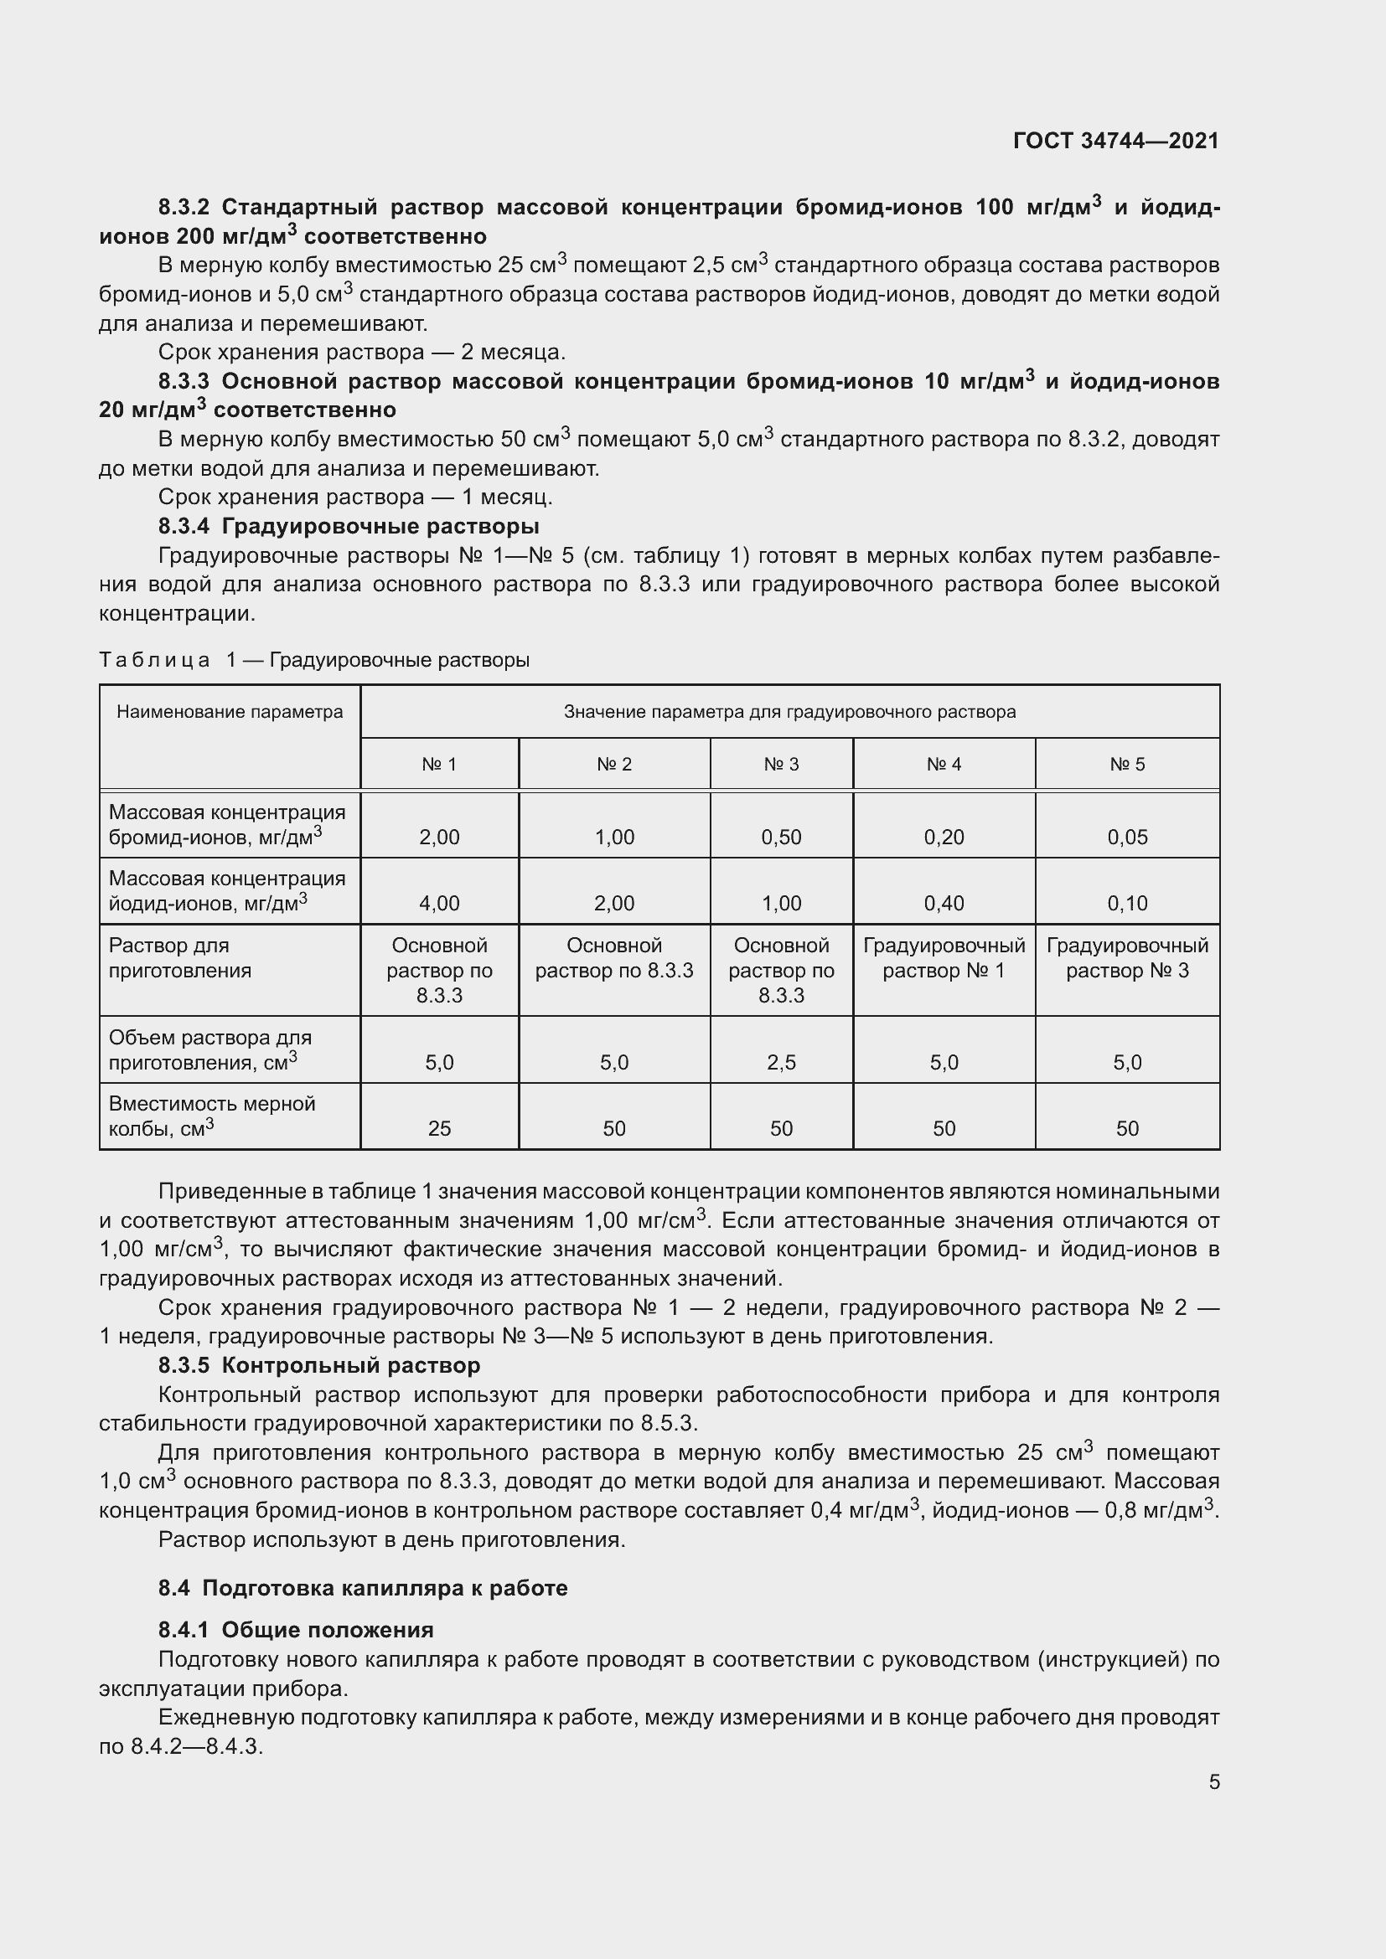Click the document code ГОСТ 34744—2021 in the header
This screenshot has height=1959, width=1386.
tap(1115, 141)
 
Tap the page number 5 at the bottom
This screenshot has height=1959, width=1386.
tap(1213, 1782)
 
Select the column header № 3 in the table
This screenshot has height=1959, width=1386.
tap(781, 765)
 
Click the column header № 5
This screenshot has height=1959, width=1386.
tap(1126, 765)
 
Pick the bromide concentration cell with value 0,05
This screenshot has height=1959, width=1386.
tap(1126, 837)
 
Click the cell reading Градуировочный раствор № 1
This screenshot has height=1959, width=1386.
tap(943, 958)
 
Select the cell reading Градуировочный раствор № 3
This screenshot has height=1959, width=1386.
tap(1126, 958)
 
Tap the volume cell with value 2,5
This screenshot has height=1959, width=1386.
tap(781, 1062)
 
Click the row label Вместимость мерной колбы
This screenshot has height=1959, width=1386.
tap(212, 1116)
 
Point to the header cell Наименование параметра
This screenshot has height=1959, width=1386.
tap(230, 713)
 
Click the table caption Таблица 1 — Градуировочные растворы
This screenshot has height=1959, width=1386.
tap(314, 660)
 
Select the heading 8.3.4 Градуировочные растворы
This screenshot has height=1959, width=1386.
tap(349, 527)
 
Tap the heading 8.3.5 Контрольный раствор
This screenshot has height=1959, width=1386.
tap(319, 1365)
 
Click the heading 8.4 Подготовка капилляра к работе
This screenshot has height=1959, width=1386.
tap(363, 1588)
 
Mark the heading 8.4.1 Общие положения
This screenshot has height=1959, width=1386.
tap(295, 1630)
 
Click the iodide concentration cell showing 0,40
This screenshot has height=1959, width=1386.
tap(943, 903)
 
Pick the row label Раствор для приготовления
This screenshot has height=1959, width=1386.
tap(180, 958)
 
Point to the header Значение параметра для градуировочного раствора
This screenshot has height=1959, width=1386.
tap(789, 713)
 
